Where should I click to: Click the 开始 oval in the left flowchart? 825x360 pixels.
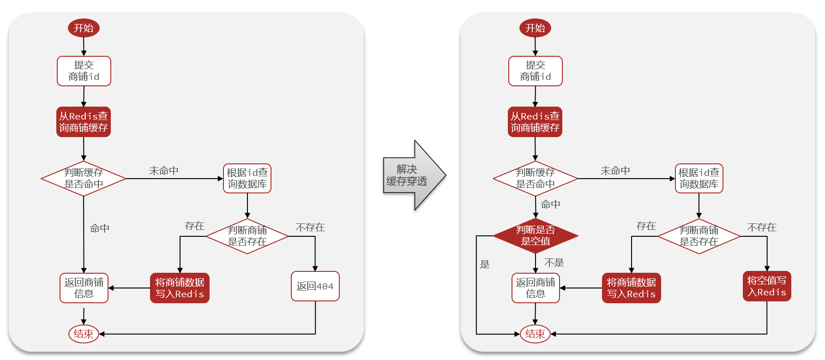click(84, 28)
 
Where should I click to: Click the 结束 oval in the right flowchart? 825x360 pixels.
click(535, 334)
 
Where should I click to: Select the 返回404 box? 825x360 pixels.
click(315, 286)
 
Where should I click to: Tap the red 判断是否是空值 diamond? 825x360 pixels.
click(535, 236)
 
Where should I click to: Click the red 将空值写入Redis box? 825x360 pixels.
click(766, 286)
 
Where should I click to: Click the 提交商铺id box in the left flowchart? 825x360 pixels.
click(84, 71)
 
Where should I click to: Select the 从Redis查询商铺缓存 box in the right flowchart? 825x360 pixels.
click(535, 122)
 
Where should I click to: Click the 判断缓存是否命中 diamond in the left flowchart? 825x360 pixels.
click(84, 179)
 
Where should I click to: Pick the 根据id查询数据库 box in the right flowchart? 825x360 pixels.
click(699, 179)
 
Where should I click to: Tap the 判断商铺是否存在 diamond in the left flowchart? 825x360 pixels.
click(247, 236)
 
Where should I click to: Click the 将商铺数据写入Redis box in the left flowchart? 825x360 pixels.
click(180, 288)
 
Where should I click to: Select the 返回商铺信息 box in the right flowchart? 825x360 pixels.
click(535, 288)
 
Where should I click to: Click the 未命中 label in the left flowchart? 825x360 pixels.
click(163, 171)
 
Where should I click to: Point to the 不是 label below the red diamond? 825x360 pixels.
click(554, 263)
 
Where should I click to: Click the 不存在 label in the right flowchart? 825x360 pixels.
click(761, 227)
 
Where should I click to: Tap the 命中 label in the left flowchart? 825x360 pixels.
click(99, 228)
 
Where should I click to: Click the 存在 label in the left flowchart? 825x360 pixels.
click(194, 226)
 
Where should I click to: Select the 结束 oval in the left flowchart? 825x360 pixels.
click(84, 334)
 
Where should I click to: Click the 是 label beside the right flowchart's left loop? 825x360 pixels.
click(485, 264)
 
